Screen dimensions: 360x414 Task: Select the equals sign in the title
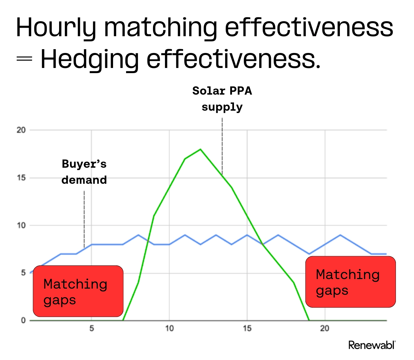24,59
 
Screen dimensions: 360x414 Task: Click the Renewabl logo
372,345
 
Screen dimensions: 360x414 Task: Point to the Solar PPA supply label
222,99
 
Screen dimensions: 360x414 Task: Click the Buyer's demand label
84,172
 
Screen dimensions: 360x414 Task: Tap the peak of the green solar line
201,149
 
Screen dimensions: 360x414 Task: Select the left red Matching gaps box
78,291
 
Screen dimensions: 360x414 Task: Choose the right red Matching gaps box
350,282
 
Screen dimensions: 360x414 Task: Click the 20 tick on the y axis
21,130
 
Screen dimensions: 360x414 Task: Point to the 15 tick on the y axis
21,178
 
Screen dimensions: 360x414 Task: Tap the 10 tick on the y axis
21,225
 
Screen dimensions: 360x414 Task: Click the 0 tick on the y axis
23,320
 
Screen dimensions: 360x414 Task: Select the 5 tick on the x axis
92,329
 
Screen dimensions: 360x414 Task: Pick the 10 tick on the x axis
169,329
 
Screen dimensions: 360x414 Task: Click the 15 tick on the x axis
247,329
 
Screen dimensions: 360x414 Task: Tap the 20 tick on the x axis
325,329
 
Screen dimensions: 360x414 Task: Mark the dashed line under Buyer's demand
84,219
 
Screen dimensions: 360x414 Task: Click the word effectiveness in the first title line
309,27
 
